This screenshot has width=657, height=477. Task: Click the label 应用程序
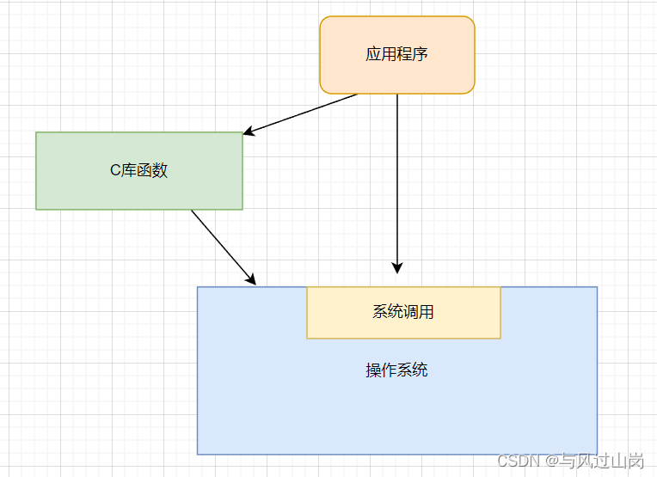(396, 55)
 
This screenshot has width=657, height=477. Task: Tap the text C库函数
(138, 170)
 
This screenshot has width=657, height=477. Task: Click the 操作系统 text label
(396, 370)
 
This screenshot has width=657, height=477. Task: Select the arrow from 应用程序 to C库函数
(301, 113)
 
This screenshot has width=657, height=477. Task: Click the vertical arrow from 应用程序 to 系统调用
(397, 180)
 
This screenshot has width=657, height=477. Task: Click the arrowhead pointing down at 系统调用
(397, 267)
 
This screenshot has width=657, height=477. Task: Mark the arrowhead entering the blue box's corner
(251, 278)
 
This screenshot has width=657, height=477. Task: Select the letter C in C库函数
(114, 170)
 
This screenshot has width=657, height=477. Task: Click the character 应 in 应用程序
(373, 55)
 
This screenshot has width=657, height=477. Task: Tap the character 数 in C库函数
(160, 170)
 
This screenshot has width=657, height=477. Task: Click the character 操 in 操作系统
(373, 370)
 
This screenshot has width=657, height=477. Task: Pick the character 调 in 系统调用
(411, 312)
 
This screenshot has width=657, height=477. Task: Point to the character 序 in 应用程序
(421, 55)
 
